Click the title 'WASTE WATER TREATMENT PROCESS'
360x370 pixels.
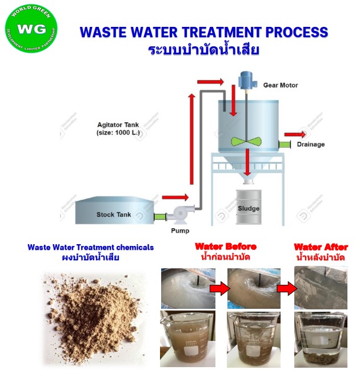tap(203, 33)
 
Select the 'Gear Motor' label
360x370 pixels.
tap(280, 85)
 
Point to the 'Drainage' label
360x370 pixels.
tap(310, 144)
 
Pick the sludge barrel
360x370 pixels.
tap(248, 209)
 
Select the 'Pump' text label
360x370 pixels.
tap(180, 231)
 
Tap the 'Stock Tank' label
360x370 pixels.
tap(113, 215)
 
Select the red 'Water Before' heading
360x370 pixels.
tap(226, 246)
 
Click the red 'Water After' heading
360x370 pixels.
tap(321, 247)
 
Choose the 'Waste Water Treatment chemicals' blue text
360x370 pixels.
tap(91, 247)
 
